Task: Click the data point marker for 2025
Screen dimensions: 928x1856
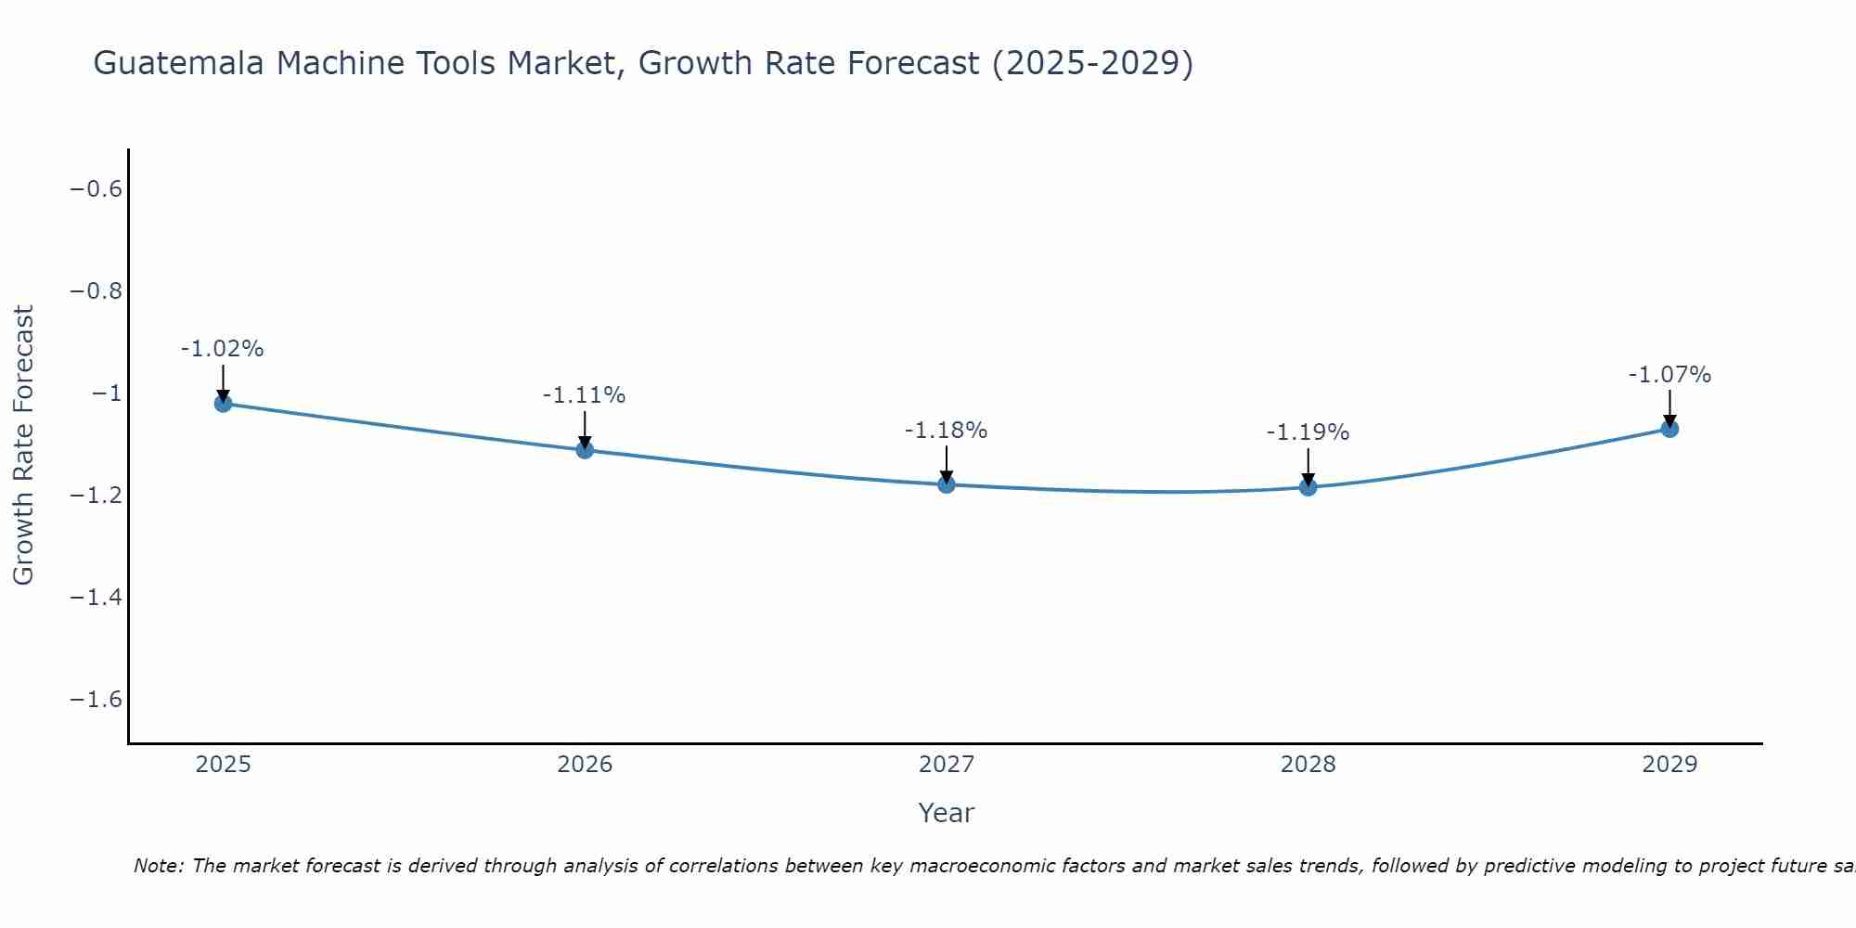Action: tap(223, 403)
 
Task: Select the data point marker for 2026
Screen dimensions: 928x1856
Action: tap(585, 449)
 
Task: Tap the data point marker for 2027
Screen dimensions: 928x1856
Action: tap(947, 483)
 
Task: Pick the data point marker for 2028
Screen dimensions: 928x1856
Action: tap(1308, 486)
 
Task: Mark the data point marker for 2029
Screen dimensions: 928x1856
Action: tap(1669, 429)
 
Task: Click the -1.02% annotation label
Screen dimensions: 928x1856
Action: tap(223, 349)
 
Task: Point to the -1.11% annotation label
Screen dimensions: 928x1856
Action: tap(585, 395)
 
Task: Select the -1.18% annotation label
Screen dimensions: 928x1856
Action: tap(947, 431)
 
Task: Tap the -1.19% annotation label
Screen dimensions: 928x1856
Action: tap(1308, 432)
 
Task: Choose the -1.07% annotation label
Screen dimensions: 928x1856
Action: tap(1669, 375)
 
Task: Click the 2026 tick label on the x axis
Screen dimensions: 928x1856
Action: tap(585, 765)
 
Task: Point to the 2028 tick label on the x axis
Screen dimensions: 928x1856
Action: tap(1308, 765)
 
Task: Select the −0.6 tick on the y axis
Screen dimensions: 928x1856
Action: tap(97, 189)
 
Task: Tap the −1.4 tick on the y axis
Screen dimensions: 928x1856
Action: tap(97, 597)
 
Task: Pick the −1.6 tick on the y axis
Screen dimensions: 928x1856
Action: tap(97, 699)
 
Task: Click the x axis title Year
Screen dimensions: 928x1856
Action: tap(947, 813)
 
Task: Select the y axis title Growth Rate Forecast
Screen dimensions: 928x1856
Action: tap(23, 445)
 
